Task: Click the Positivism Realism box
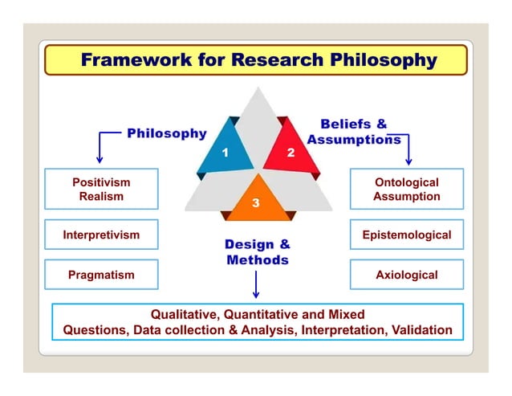coord(101,190)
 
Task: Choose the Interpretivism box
coord(101,235)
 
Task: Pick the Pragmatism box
coord(101,275)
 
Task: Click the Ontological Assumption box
coord(407,190)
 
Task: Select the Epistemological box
coord(407,235)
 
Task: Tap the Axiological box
coord(407,275)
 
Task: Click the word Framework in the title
coord(132,60)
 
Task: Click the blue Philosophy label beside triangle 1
coord(166,133)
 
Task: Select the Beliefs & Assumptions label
coord(354,131)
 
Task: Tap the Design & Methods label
coord(257,252)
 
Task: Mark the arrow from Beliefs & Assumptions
coord(408,149)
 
